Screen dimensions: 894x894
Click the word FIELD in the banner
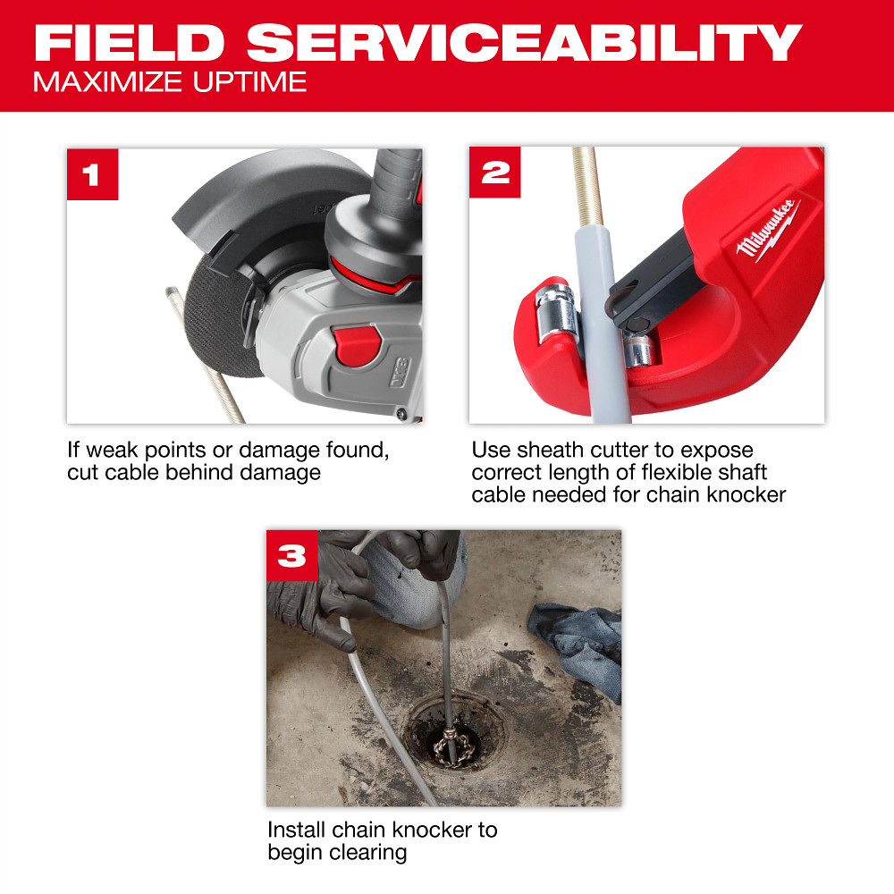click(x=130, y=43)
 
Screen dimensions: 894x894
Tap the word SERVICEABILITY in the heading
click(x=525, y=43)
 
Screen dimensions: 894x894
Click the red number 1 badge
click(x=92, y=173)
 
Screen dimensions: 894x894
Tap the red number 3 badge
click(x=292, y=555)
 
